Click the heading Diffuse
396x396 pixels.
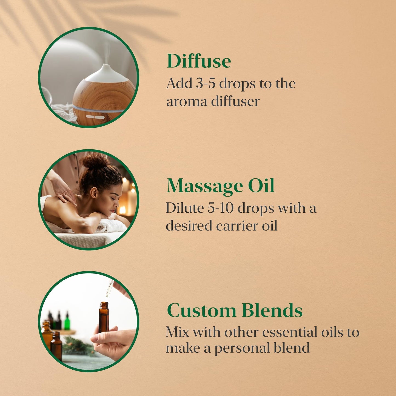[x=199, y=61]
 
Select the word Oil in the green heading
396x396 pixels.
[x=261, y=186]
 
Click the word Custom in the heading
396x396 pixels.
[x=201, y=311]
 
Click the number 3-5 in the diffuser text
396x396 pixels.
[x=206, y=83]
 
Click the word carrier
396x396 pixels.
[x=237, y=226]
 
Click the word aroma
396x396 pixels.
[x=186, y=102]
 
